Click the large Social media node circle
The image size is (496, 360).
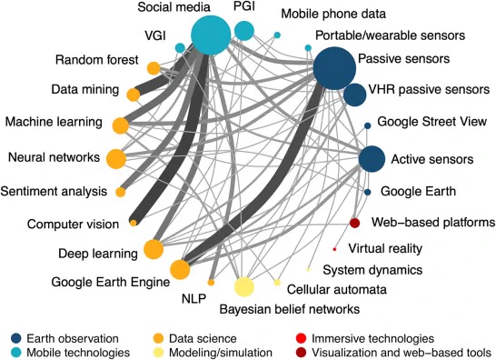point(211,35)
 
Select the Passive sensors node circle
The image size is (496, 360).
point(334,68)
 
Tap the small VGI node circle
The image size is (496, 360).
point(180,48)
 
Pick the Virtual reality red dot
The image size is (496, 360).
point(334,249)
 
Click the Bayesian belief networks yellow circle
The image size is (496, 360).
point(244,286)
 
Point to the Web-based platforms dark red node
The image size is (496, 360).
point(355,223)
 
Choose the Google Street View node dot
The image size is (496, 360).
point(368,125)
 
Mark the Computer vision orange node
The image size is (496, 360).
point(134,223)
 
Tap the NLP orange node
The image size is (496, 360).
point(211,283)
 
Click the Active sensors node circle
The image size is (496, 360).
point(372,159)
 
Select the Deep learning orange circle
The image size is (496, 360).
point(154,249)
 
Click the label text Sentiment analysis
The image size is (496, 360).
point(54,192)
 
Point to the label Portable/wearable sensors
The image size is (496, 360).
point(391,35)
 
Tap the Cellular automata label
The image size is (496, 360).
point(336,289)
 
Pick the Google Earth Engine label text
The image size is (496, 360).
point(111,282)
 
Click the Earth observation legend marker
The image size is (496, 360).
point(16,338)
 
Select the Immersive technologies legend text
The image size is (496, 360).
point(373,338)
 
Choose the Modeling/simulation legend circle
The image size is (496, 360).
point(158,353)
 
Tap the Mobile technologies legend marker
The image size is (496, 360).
point(16,353)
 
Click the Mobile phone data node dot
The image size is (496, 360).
point(277,35)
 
